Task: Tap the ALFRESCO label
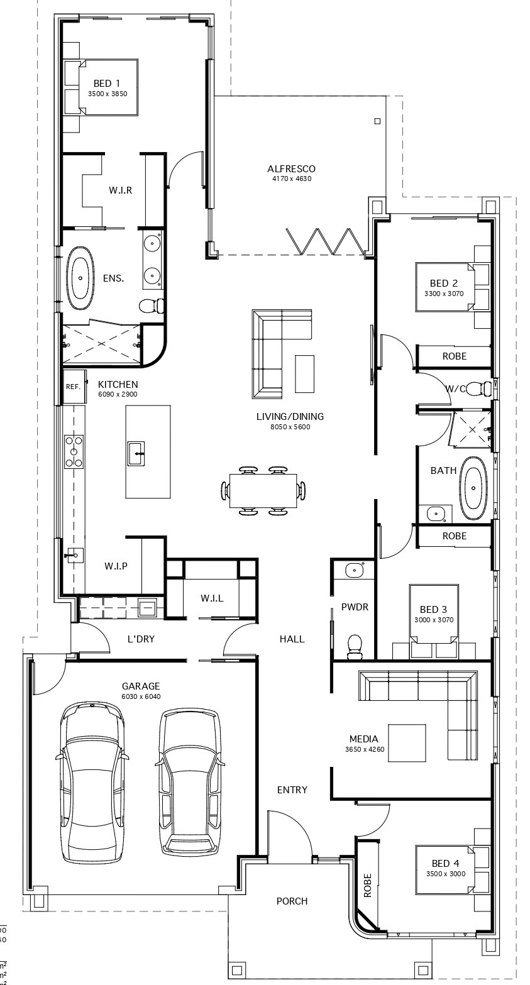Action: coord(290,168)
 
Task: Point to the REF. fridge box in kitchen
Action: coord(73,387)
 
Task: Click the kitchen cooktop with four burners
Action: coord(74,451)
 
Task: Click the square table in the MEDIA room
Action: coord(406,743)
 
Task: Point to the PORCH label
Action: coord(292,901)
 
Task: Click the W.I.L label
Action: coord(211,598)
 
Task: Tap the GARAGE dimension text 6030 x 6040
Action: coord(140,696)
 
